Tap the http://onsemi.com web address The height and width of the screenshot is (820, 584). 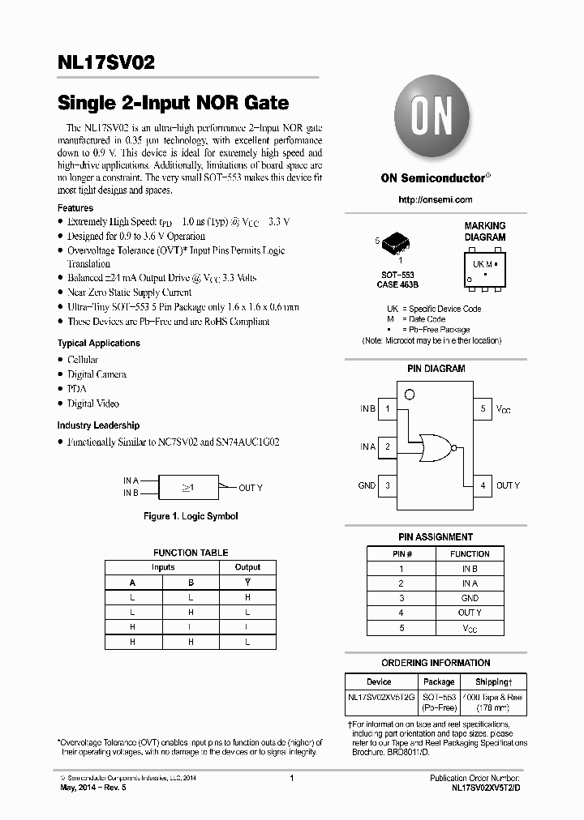pos(436,199)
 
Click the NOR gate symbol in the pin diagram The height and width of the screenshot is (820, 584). pos(435,446)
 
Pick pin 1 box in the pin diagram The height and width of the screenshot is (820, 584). pos(389,409)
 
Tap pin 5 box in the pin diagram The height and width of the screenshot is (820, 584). pos(483,409)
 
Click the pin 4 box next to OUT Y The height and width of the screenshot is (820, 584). pos(483,485)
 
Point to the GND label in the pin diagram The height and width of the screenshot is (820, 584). pos(367,485)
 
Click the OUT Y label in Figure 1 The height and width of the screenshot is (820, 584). pos(251,488)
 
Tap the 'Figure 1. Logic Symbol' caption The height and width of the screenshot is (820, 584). pos(191,516)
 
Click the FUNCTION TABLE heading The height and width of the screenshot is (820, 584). pos(191,553)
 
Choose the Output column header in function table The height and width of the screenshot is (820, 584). pos(247,567)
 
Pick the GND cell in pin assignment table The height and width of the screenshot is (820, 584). pos(470,598)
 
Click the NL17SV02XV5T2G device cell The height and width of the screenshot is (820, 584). pos(380,698)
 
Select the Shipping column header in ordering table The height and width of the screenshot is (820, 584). pos(492,682)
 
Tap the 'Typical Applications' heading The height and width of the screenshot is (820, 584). pos(98,344)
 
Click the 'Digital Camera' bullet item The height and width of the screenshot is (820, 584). pos(97,374)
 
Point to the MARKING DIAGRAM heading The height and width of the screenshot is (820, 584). pos(485,232)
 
